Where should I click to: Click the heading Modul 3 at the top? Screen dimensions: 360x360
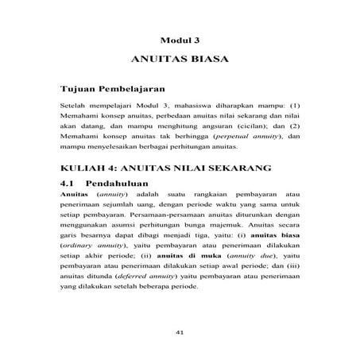pos(179,38)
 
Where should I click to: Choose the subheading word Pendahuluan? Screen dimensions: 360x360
pos(122,182)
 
